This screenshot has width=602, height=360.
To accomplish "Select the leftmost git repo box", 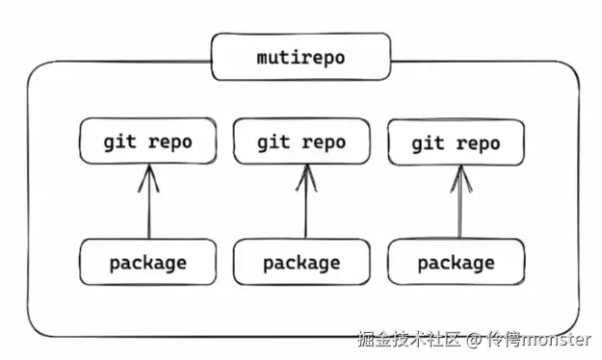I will click(x=147, y=141).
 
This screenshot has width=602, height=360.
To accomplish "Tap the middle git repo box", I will click(x=301, y=142).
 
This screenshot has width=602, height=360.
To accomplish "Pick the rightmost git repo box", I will click(x=456, y=143).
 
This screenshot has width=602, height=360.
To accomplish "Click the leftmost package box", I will click(x=147, y=261).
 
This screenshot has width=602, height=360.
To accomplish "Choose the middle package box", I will click(x=301, y=262).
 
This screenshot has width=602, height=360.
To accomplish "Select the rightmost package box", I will click(x=456, y=263).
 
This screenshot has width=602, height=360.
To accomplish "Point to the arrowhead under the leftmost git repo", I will click(x=148, y=173).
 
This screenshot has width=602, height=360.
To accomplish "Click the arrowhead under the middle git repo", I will click(x=305, y=173).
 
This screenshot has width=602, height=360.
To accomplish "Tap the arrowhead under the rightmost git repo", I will click(x=459, y=173).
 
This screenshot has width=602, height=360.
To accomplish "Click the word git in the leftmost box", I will click(x=120, y=141).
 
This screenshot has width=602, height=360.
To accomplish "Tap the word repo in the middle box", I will click(x=325, y=142).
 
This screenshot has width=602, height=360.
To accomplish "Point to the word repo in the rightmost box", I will click(x=479, y=143).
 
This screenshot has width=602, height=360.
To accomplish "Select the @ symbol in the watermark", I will click(x=474, y=340).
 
